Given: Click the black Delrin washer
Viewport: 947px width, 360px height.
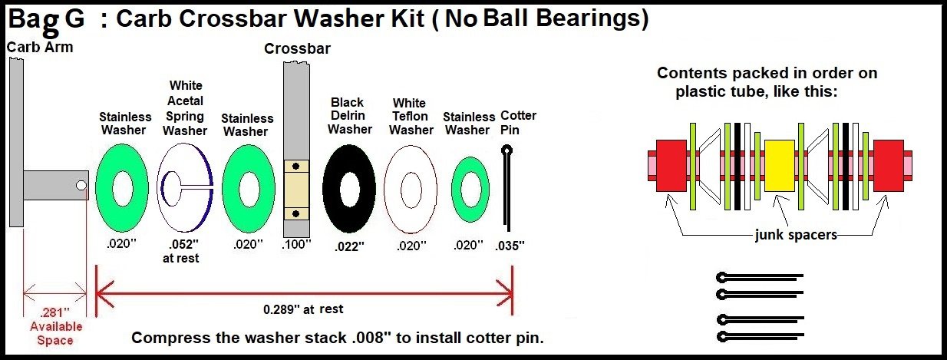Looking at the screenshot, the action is coord(334,189).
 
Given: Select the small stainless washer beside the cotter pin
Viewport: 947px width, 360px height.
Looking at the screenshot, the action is coord(458,190).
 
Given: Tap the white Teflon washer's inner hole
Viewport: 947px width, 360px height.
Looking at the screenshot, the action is coord(411,190).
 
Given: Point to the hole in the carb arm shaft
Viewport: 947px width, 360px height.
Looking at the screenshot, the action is coord(81,185).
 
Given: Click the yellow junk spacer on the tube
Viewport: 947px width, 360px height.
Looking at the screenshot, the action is coord(780,165).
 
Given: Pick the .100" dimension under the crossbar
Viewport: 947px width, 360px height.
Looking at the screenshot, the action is coord(296,244).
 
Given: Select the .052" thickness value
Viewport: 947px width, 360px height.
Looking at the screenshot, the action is coord(183,245).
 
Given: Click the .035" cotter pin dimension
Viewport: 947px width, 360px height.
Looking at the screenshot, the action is coord(510,246).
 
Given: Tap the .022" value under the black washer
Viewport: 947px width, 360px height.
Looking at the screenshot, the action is coord(349,246).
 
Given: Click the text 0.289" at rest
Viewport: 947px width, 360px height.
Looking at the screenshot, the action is coord(303,309).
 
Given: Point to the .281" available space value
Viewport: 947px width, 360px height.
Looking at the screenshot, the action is coord(54,312).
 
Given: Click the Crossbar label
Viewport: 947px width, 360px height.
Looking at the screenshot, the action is coord(297,48).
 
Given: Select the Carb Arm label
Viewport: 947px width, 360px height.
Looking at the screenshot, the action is coord(40,47).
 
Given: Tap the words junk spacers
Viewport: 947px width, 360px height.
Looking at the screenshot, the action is coord(796,235).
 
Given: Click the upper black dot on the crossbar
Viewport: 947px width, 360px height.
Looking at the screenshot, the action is coord(296,167).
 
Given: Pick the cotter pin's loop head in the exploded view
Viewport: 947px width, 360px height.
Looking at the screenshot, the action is coord(506,150).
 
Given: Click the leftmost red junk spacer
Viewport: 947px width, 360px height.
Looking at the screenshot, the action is coord(671,165).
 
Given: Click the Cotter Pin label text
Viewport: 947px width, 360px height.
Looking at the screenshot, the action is coord(518,123).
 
